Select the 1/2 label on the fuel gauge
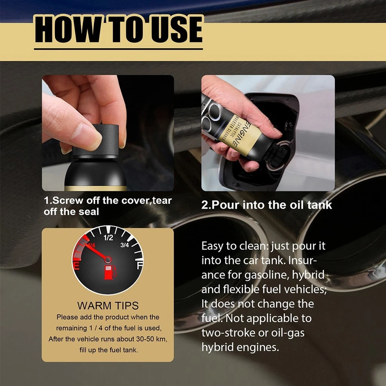point(108,238)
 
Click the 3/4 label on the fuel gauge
point(125,245)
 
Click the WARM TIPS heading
point(108,305)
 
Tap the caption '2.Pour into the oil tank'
point(267,205)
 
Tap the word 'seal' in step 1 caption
point(89,211)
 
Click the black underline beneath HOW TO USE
point(118,49)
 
